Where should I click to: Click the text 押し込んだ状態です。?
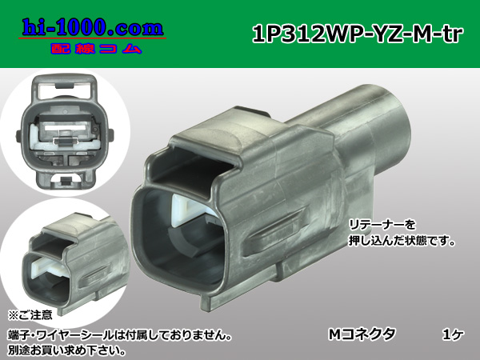click(x=393, y=241)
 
